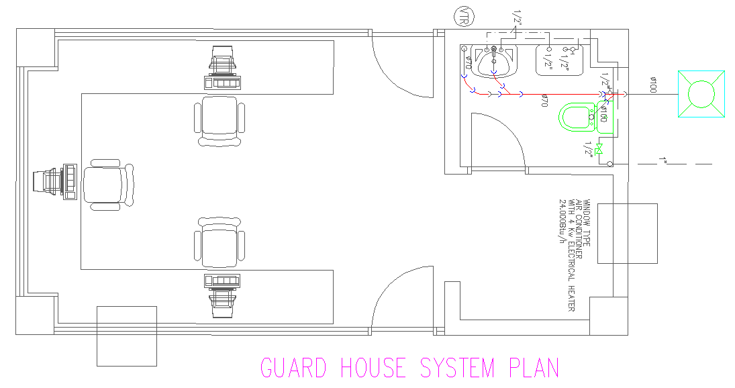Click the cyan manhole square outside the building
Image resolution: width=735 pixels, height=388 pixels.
click(x=702, y=93)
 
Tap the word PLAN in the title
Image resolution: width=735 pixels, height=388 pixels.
click(x=534, y=369)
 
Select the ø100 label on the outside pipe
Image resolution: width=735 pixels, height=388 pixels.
click(x=652, y=85)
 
